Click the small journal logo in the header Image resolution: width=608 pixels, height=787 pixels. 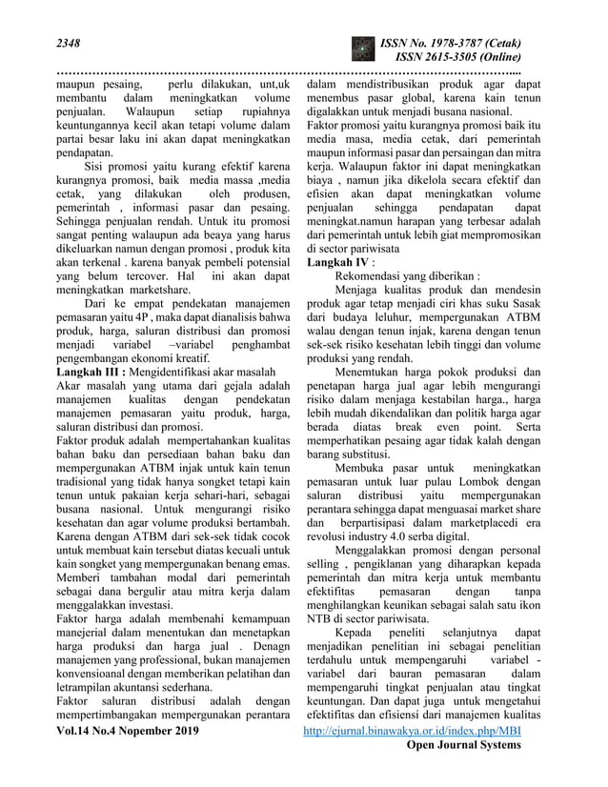363,50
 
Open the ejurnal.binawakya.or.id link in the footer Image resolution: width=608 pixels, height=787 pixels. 411,730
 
